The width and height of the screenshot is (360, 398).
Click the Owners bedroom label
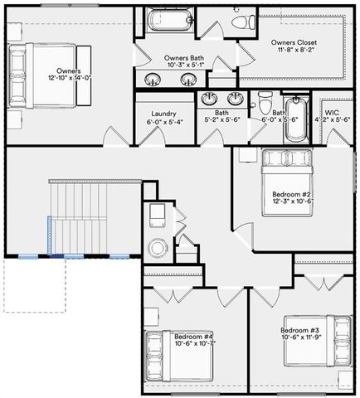tap(70, 71)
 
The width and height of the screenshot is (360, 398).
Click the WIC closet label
tap(333, 111)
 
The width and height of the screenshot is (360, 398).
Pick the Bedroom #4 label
tap(194, 337)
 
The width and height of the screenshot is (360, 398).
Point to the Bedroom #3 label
tap(299, 331)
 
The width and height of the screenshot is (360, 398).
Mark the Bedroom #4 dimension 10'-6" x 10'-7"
tap(194, 344)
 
